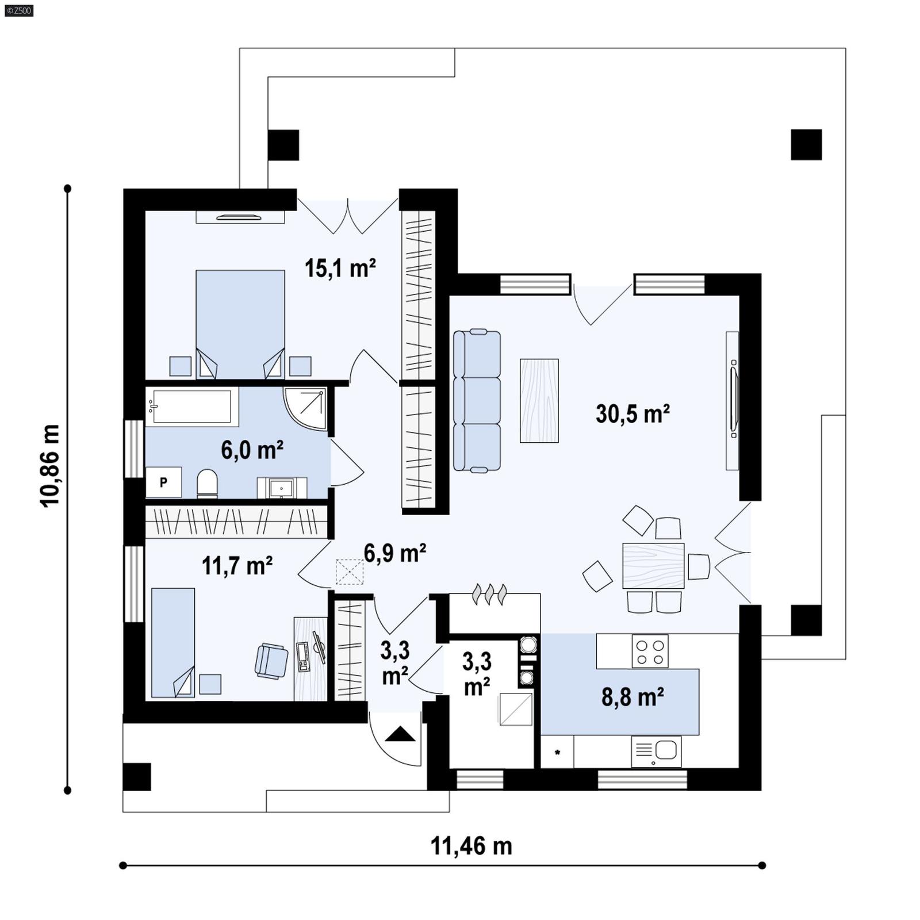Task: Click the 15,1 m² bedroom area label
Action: tap(340, 269)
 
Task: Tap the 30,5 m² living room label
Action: tap(632, 414)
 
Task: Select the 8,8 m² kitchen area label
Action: tap(632, 697)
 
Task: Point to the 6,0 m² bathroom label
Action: tap(252, 450)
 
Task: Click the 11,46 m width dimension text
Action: tap(471, 846)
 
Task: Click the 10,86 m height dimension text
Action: tap(51, 465)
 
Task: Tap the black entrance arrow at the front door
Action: tap(400, 734)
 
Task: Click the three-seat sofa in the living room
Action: tap(477, 401)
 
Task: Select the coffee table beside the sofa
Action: tap(539, 401)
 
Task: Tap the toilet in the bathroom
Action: tap(207, 484)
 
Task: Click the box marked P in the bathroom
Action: tap(163, 482)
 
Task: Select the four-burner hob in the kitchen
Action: tap(650, 651)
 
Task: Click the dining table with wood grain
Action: tap(653, 565)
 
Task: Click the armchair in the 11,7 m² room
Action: tap(271, 661)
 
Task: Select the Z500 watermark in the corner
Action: tap(18, 10)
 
